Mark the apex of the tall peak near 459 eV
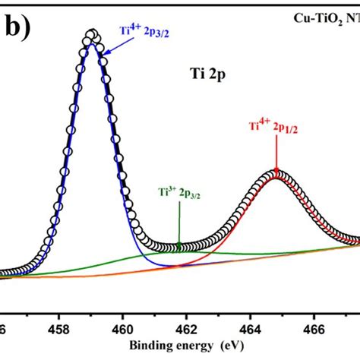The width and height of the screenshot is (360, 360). (92, 34)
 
